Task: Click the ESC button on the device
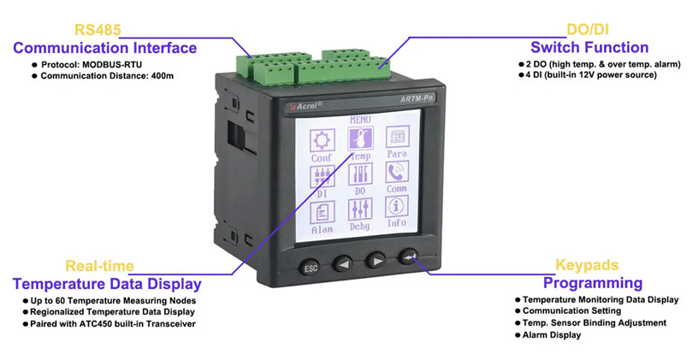click(311, 269)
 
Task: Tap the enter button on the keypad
click(408, 259)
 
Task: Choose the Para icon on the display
click(396, 138)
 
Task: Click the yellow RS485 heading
click(98, 30)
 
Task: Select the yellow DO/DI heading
click(589, 30)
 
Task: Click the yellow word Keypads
click(587, 266)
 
